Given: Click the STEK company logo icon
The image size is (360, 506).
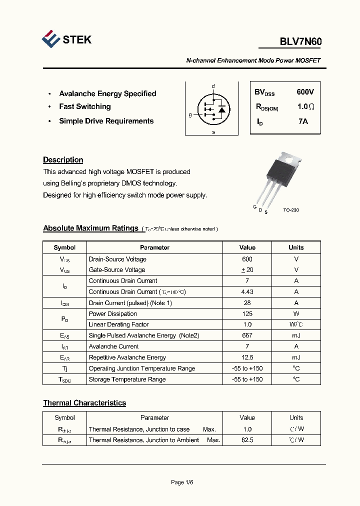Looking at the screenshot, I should [50, 39].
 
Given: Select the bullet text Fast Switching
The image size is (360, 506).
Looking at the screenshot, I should [84, 106].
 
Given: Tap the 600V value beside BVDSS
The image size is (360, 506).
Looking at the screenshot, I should [305, 92].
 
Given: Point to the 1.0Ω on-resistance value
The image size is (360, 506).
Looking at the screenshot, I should [305, 107].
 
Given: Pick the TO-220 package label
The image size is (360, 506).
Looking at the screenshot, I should [290, 210].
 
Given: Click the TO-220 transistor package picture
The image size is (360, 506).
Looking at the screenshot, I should [281, 175].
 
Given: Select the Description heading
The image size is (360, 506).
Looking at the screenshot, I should [63, 160].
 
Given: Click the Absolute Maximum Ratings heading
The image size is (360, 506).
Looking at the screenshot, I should [90, 228].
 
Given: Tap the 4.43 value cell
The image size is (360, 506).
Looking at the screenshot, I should [247, 292].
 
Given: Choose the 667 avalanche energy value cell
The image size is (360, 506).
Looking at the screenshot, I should [247, 335].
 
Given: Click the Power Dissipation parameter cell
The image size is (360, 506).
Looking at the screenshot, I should [112, 314].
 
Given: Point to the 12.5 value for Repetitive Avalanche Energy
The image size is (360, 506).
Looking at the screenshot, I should [247, 357].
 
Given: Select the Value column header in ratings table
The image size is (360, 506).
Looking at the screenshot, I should [247, 247].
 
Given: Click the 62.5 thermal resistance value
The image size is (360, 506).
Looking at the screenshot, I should [247, 440].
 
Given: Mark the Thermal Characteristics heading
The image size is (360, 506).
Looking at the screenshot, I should [84, 403].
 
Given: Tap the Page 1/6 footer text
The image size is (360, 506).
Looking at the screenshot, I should [181, 482].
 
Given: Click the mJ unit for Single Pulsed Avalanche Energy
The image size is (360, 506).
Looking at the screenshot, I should [296, 335].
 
